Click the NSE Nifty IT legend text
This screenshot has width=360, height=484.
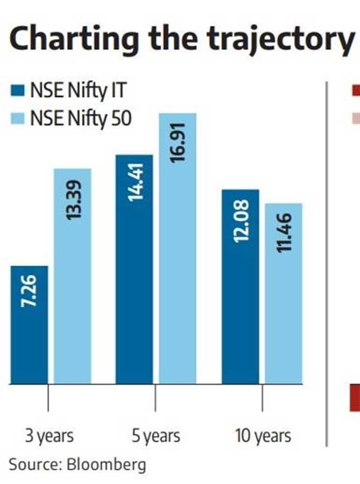(x=78, y=91)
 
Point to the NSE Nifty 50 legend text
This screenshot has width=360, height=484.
(x=81, y=118)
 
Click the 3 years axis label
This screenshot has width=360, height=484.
(x=49, y=435)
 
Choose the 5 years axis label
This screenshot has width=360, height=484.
(x=156, y=435)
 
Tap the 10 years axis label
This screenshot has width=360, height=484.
(x=263, y=435)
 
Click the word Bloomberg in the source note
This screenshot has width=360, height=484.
(x=106, y=464)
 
